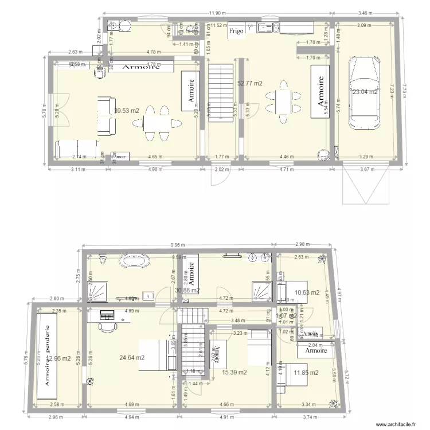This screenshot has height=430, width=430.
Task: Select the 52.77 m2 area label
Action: pos(249,83)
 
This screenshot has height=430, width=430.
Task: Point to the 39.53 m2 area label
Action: pos(127,111)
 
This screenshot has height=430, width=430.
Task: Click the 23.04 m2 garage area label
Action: pos(365,92)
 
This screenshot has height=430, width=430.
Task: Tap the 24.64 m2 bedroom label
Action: pos(132,358)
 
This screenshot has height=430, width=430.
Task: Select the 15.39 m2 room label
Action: pos(234,373)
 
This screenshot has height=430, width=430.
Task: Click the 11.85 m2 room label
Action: pos(306,373)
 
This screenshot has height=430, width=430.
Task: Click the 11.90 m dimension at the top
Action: pos(216,12)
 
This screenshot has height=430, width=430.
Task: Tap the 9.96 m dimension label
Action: pos(177,245)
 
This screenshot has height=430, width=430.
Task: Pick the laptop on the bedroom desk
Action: pos(107,315)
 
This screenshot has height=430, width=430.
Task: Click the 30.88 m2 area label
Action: pos(187,291)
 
